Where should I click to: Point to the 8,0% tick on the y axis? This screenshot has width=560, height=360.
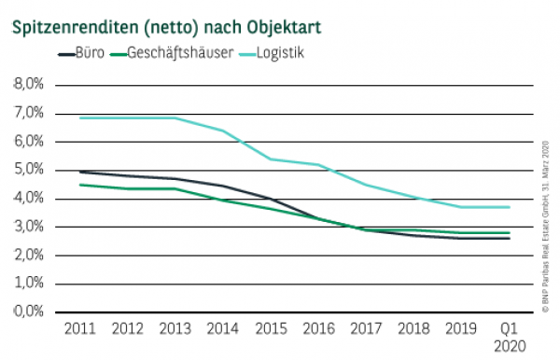28,85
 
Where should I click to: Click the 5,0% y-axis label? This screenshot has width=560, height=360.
28,170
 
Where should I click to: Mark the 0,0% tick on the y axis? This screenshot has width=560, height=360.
28,312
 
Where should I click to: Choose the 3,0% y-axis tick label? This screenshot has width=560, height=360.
28,227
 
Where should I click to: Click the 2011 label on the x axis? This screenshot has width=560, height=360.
81,328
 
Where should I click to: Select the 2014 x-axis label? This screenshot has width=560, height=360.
223,328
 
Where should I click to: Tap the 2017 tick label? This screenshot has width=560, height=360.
365,328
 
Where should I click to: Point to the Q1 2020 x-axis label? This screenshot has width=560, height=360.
508,337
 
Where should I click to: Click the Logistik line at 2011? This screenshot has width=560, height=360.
81,118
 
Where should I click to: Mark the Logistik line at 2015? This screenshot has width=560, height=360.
271,159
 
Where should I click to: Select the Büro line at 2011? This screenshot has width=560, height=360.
81,172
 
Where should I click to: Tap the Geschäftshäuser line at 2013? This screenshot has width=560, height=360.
175,188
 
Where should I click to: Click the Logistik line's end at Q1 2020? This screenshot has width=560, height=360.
508,207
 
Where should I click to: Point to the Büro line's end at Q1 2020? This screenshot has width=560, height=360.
508,238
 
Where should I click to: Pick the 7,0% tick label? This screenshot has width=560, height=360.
28,113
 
